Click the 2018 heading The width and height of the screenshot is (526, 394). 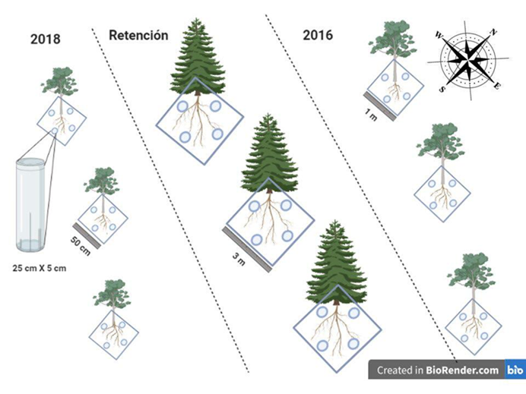tap(46, 39)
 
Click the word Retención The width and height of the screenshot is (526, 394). tap(138, 35)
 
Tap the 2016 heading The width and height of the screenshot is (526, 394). tap(318, 35)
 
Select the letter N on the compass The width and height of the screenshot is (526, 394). tap(493, 32)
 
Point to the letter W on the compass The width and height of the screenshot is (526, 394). tap(439, 34)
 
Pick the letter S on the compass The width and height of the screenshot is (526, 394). tap(442, 89)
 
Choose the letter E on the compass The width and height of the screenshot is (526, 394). tap(497, 86)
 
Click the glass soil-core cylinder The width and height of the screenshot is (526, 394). tap(30, 205)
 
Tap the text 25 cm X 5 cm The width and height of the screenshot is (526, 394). tap(40, 268)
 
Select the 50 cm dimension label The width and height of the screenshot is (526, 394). tap(81, 246)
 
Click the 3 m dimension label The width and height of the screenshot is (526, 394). tap(239, 259)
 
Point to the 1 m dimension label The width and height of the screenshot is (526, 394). tap(371, 115)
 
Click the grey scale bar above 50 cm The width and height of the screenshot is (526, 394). tap(87, 236)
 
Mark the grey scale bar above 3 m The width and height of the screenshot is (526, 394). tap(247, 250)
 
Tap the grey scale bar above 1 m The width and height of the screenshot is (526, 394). tap(380, 106)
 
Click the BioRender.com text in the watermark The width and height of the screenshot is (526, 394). tap(462, 370)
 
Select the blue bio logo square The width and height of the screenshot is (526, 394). tap(515, 370)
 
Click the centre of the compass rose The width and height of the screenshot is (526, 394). tap(468, 60)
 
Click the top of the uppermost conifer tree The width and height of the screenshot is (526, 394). tap(197, 19)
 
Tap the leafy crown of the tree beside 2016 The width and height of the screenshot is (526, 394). tap(392, 37)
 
